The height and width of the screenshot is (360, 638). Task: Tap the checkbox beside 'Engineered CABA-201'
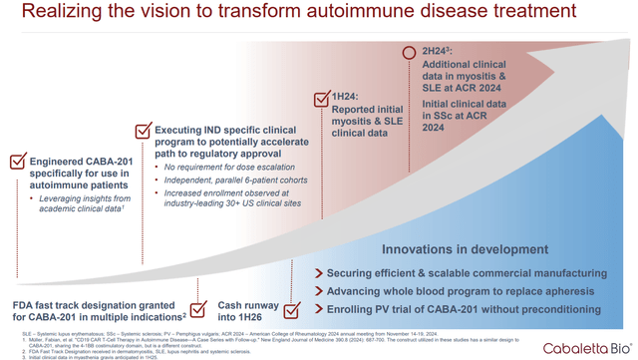tap(17, 161)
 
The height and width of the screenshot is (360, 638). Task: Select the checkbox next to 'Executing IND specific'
tap(143, 130)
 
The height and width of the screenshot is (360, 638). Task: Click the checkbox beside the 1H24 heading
tap(322, 98)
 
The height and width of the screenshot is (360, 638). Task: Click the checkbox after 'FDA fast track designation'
tap(198, 309)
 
